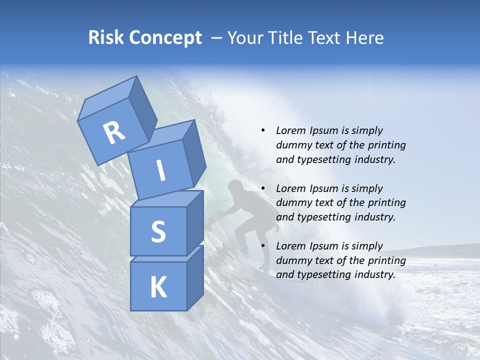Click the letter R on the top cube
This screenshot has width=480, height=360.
point(114,133)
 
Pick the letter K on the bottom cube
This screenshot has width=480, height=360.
point(158,287)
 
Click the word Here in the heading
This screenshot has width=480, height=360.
point(365,37)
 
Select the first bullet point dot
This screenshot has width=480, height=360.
point(263,131)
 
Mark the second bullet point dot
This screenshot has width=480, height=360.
point(263,188)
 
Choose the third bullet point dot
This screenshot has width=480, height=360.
point(263,246)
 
